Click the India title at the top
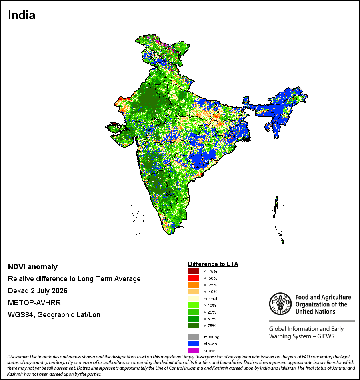(22, 15)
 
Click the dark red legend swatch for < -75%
(194, 271)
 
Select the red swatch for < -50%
(194, 278)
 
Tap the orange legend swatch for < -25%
(194, 285)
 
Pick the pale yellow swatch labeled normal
(194, 298)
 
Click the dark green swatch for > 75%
(194, 326)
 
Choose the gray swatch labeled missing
(194, 337)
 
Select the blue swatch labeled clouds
(194, 344)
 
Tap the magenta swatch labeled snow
(194, 350)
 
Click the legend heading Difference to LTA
(213, 264)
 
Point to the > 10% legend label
(210, 305)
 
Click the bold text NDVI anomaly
(33, 267)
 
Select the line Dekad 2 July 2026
(38, 290)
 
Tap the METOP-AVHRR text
(34, 303)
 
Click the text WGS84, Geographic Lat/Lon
(54, 315)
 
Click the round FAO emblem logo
(280, 304)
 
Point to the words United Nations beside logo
(315, 312)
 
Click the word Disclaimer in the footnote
(18, 357)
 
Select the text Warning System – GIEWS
(302, 336)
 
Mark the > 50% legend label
(210, 319)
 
